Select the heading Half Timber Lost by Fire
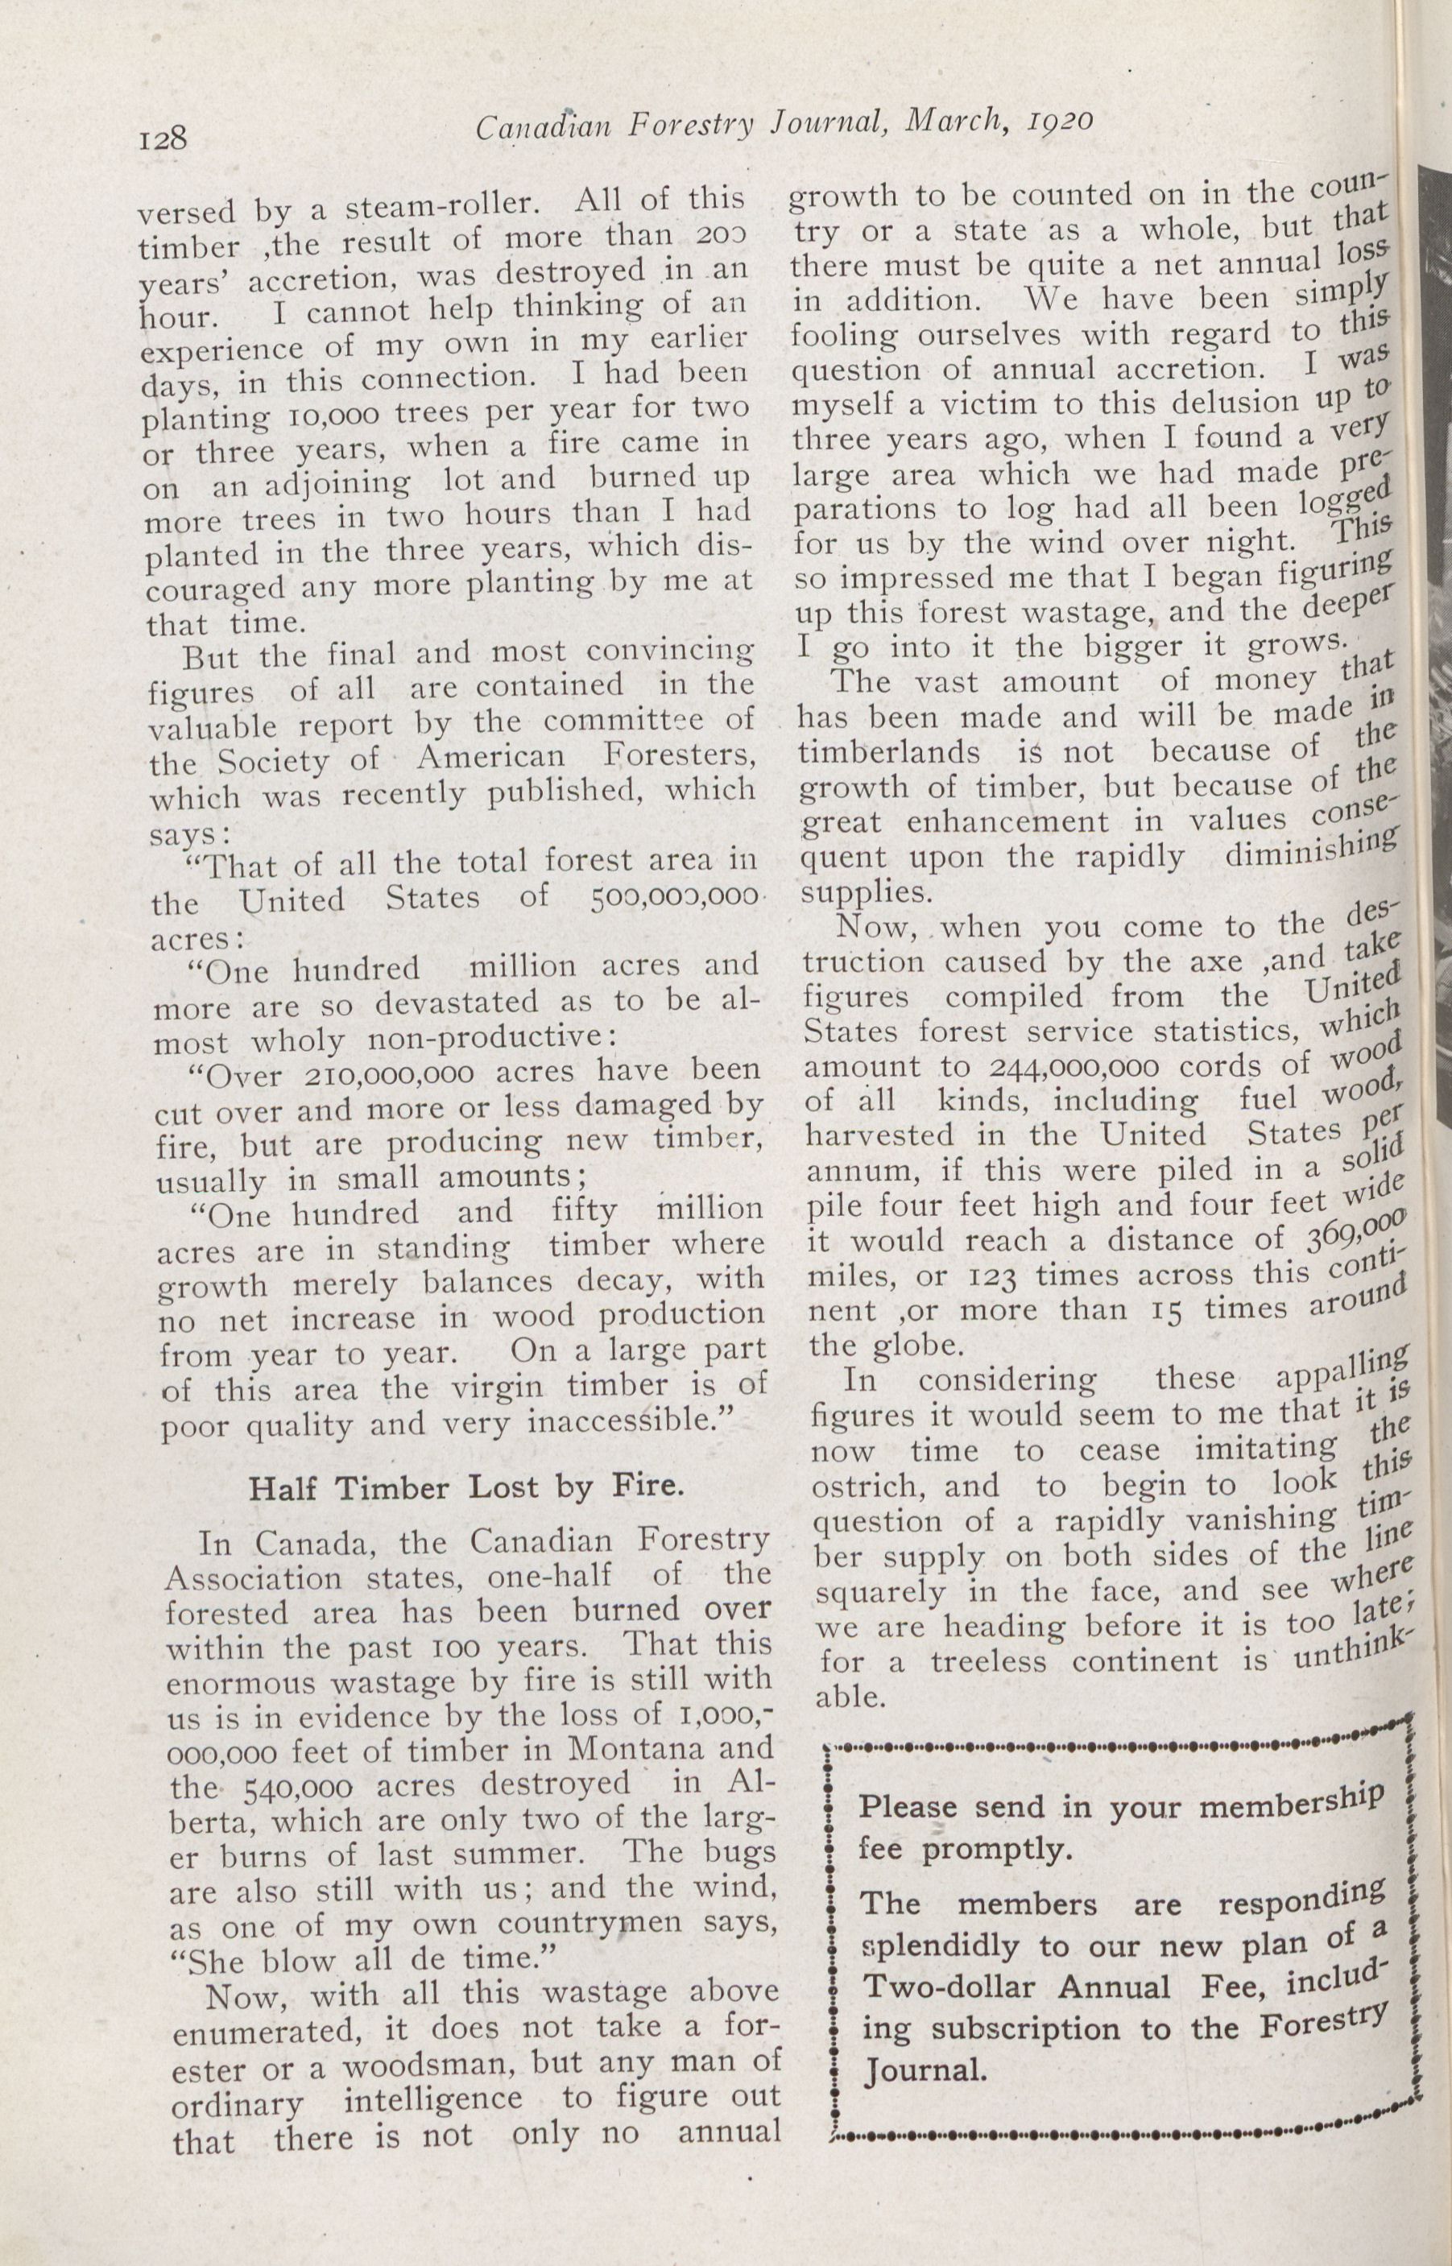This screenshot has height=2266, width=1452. [464, 1487]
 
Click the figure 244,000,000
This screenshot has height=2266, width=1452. [1053, 1067]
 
